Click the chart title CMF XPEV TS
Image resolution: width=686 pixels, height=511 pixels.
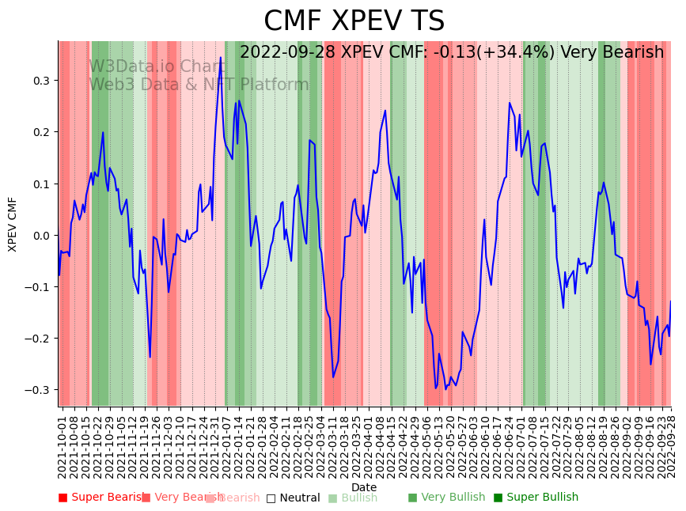point(354,21)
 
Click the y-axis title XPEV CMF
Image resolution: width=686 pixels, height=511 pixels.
point(13,225)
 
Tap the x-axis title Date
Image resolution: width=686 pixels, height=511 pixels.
point(364,487)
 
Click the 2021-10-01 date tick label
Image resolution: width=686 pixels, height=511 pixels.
point(63,443)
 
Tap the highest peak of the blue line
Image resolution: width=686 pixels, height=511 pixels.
point(221,58)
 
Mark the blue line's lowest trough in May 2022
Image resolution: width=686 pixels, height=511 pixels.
point(436,388)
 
